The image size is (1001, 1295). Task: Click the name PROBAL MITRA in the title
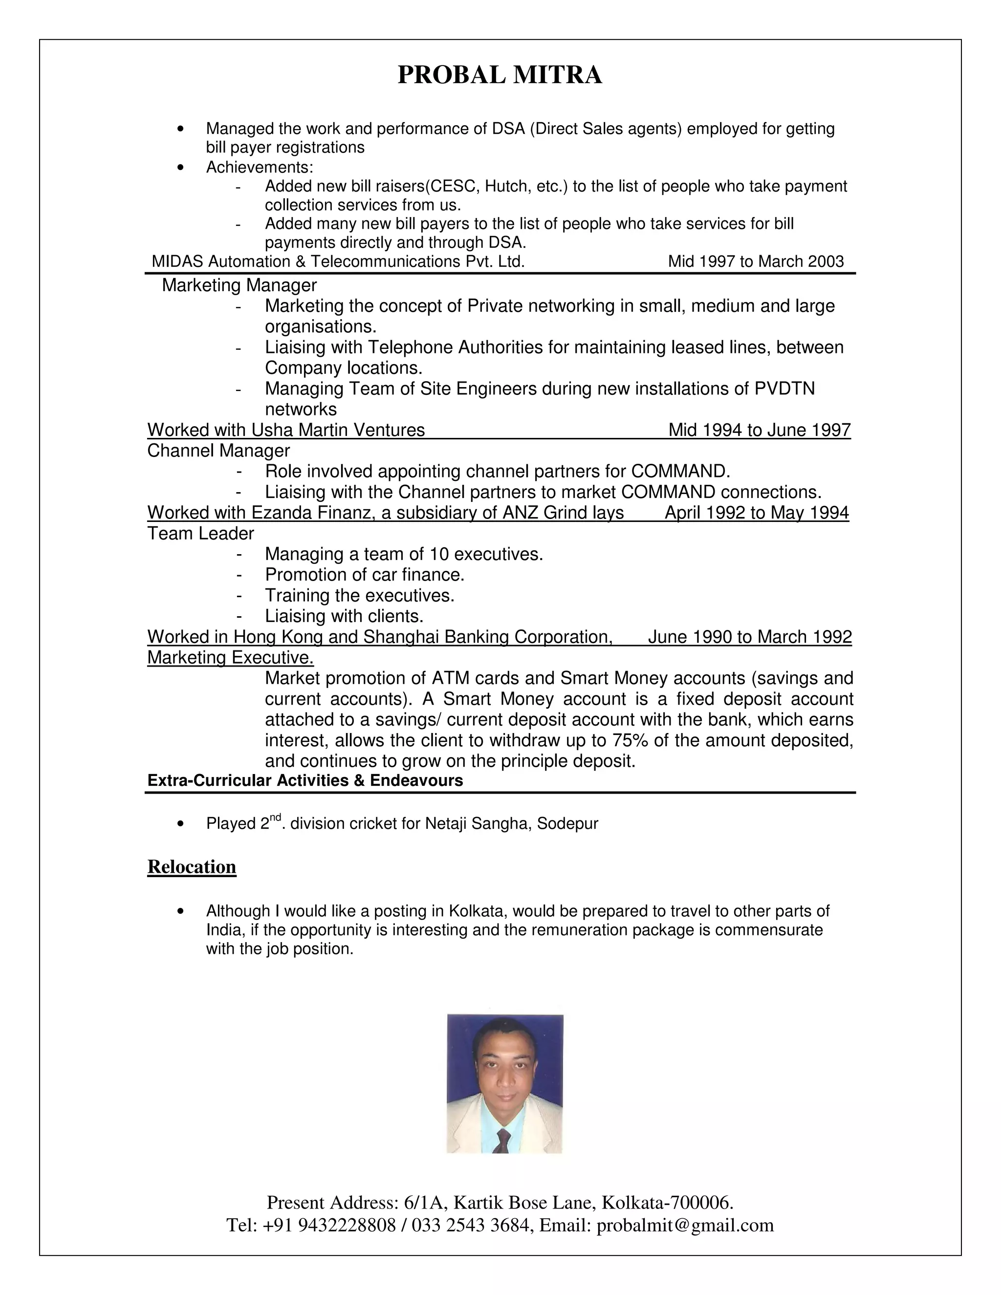500,75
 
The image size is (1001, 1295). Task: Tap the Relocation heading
192,867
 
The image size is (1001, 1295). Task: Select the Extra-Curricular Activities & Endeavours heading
305,780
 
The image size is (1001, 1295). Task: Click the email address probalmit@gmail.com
685,1225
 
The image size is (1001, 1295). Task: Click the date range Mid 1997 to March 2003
756,261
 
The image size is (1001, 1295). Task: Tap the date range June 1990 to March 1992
750,637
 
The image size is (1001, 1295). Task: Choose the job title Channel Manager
218,451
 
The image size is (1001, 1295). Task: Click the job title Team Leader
200,534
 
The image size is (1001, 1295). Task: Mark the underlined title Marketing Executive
230,658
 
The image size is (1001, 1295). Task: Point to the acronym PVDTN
784,388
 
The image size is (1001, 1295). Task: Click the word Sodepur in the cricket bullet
567,823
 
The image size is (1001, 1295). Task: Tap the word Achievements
259,167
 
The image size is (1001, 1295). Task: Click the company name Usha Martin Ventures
338,430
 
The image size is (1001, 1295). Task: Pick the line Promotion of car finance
364,575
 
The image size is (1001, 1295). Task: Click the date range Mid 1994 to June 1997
760,430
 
